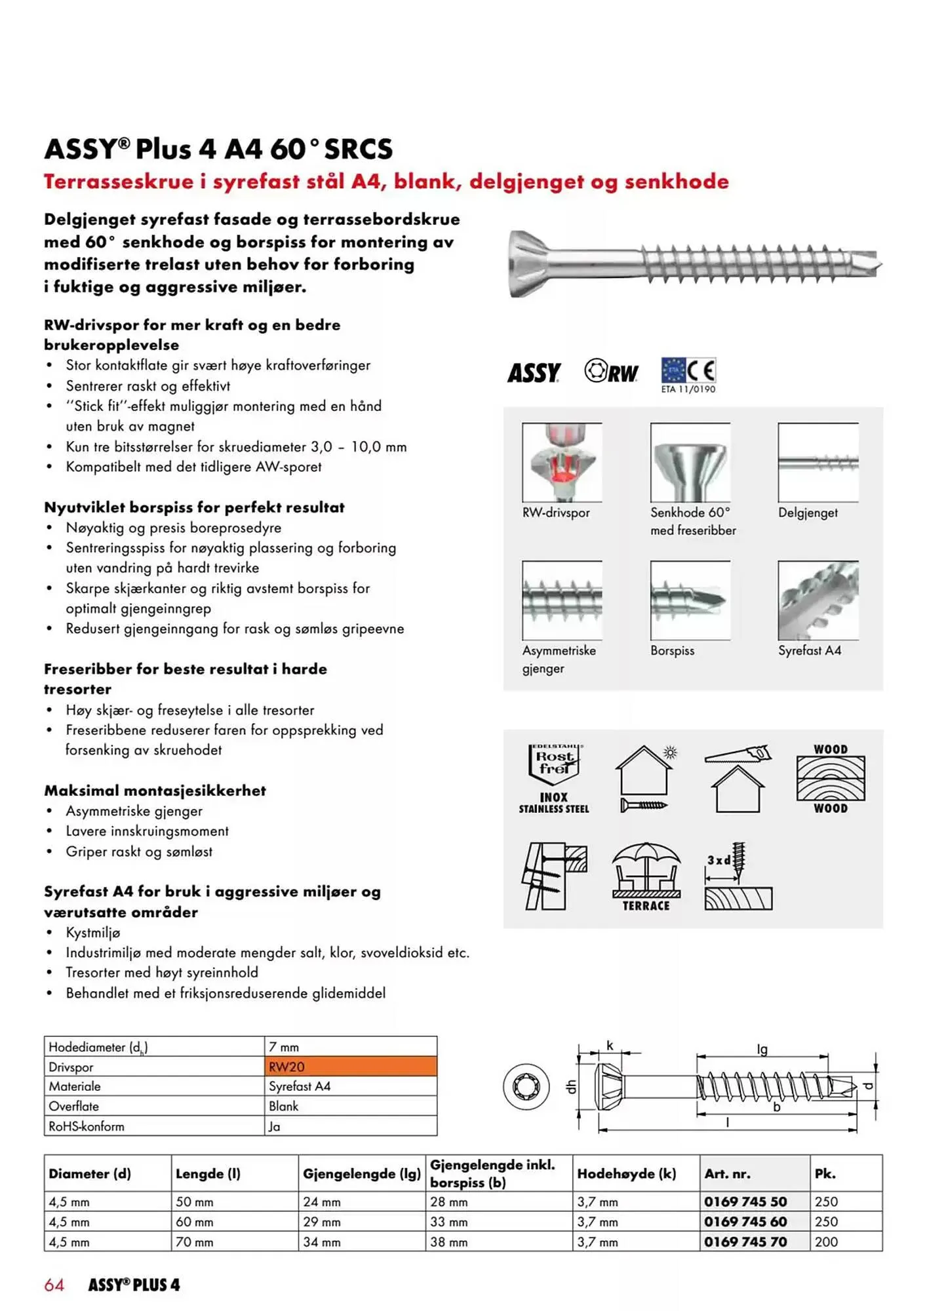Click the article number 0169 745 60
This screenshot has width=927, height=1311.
[x=745, y=1222]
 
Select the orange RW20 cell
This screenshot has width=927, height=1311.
[x=351, y=1066]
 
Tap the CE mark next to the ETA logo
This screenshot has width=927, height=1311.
[x=701, y=371]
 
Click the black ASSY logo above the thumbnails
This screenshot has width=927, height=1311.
[x=534, y=373]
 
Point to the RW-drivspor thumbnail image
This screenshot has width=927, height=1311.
[x=562, y=463]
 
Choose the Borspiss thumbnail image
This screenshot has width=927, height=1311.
[x=690, y=600]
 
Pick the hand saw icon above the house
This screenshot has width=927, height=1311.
[x=738, y=754]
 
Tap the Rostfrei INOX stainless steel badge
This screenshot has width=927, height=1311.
[x=554, y=779]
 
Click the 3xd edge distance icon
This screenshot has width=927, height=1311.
[x=738, y=876]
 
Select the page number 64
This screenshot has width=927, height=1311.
[x=54, y=1285]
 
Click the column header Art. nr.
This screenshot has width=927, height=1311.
[x=728, y=1174]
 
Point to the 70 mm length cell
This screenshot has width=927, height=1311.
[x=194, y=1242]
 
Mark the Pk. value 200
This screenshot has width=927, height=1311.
[x=826, y=1242]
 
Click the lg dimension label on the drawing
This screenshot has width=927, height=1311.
[x=762, y=1049]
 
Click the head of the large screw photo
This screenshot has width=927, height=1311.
[x=528, y=264]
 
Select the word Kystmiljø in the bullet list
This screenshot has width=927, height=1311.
[x=93, y=933]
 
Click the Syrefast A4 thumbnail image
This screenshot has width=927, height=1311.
[x=818, y=600]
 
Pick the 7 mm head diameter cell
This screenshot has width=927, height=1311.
[x=284, y=1047]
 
